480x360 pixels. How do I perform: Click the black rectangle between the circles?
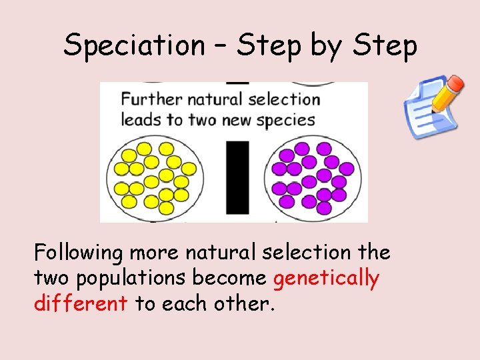click(x=237, y=177)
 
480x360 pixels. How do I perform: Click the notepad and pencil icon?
click(x=432, y=106)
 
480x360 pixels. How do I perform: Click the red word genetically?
click(x=326, y=278)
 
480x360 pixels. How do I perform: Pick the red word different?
click(x=81, y=303)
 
